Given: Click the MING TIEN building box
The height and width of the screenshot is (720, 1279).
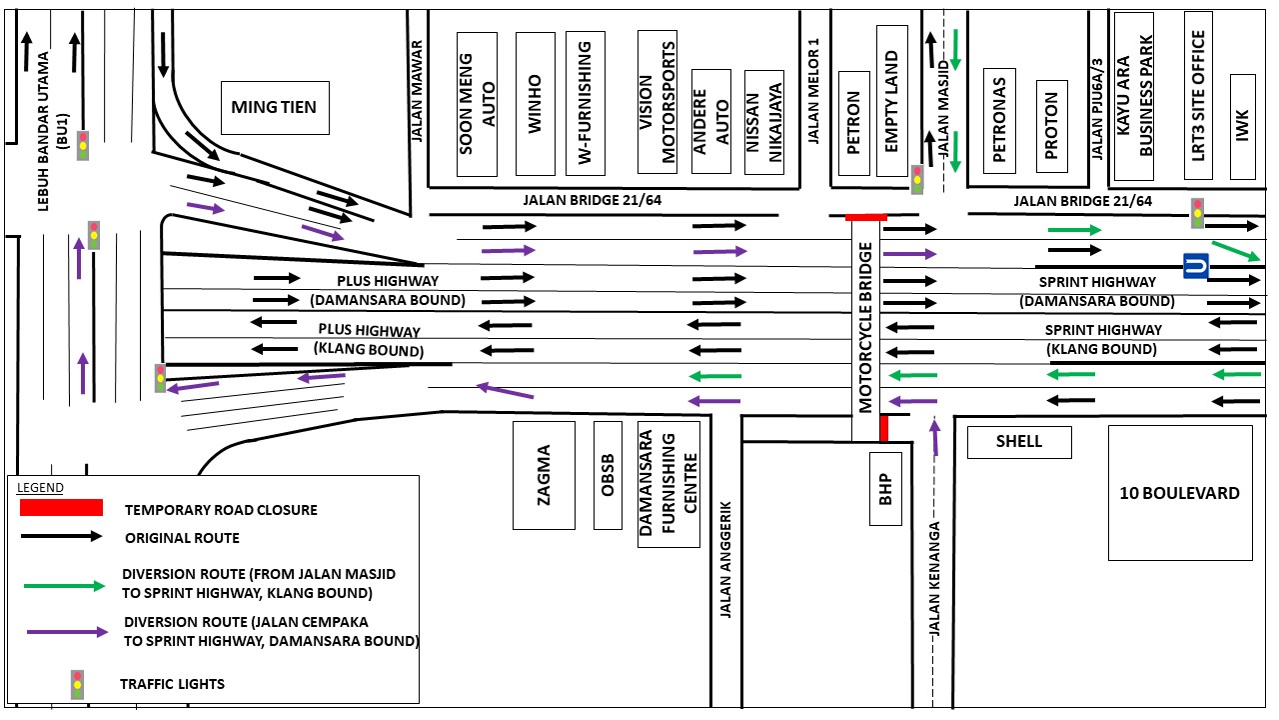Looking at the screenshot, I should click(x=274, y=107).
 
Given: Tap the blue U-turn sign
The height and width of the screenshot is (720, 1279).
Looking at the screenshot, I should click(x=1196, y=266).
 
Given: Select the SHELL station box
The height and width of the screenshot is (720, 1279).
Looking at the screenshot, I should click(x=1019, y=442).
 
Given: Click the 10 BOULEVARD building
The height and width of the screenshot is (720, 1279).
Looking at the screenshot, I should click(x=1180, y=493).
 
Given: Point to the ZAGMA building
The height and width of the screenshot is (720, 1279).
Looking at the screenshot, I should click(x=544, y=475).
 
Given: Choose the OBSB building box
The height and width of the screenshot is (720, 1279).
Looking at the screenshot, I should click(x=607, y=475).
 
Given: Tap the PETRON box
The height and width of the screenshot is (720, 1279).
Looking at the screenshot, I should click(x=853, y=123).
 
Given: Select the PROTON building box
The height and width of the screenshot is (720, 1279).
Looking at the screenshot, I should click(x=1051, y=127).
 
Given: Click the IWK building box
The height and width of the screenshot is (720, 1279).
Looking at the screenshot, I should click(x=1242, y=126).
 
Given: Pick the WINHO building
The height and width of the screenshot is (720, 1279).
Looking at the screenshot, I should click(x=535, y=103).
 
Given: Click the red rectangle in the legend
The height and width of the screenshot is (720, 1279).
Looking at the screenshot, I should click(x=61, y=508).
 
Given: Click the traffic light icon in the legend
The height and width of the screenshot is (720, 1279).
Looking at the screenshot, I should click(x=78, y=684).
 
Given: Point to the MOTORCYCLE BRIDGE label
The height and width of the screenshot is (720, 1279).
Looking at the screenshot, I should click(x=865, y=327).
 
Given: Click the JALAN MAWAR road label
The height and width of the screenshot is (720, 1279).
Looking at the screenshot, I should click(x=418, y=91).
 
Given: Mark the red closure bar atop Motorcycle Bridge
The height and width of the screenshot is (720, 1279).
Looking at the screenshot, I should click(x=865, y=216).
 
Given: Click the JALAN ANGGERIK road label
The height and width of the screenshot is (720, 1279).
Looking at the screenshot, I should click(x=726, y=560).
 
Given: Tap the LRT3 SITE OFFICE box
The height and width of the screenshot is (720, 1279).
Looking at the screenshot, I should click(x=1198, y=95).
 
